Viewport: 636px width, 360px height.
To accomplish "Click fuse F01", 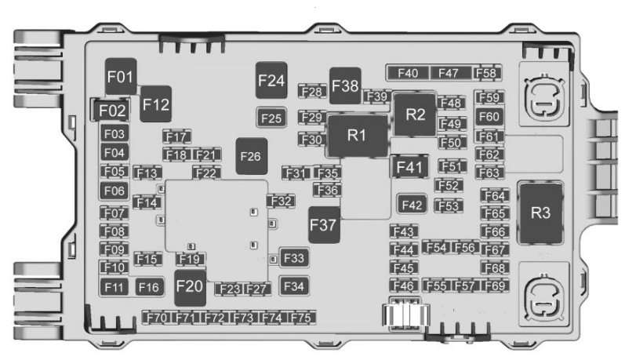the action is [x=121, y=76].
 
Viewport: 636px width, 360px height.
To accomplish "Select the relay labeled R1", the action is [x=358, y=136].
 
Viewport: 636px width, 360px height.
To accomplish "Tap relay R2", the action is [x=415, y=115].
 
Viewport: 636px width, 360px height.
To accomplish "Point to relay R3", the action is [x=540, y=213].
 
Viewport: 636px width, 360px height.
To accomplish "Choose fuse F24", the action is [x=271, y=80].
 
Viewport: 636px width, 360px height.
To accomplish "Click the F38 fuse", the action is [x=345, y=85].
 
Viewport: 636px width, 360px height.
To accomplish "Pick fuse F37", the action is [x=324, y=225].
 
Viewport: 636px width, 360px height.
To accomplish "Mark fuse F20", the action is [x=190, y=287].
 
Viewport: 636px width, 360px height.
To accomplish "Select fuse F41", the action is [x=409, y=167].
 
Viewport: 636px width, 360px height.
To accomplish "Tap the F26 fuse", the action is [x=252, y=156].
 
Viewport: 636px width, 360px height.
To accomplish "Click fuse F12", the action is [x=156, y=104].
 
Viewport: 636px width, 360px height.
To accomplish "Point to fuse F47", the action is [x=449, y=73].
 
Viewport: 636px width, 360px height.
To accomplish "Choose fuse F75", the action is [x=301, y=318].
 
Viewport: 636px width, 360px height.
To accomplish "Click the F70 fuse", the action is [x=156, y=318].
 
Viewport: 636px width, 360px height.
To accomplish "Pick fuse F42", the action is [x=412, y=205].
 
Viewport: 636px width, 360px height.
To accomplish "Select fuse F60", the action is [x=489, y=117].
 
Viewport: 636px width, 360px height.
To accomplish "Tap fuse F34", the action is [x=293, y=286].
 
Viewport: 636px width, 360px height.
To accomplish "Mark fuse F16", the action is [x=149, y=287].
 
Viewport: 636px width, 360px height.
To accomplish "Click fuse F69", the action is [x=495, y=285].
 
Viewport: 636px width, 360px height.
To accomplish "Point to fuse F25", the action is [x=271, y=118].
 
